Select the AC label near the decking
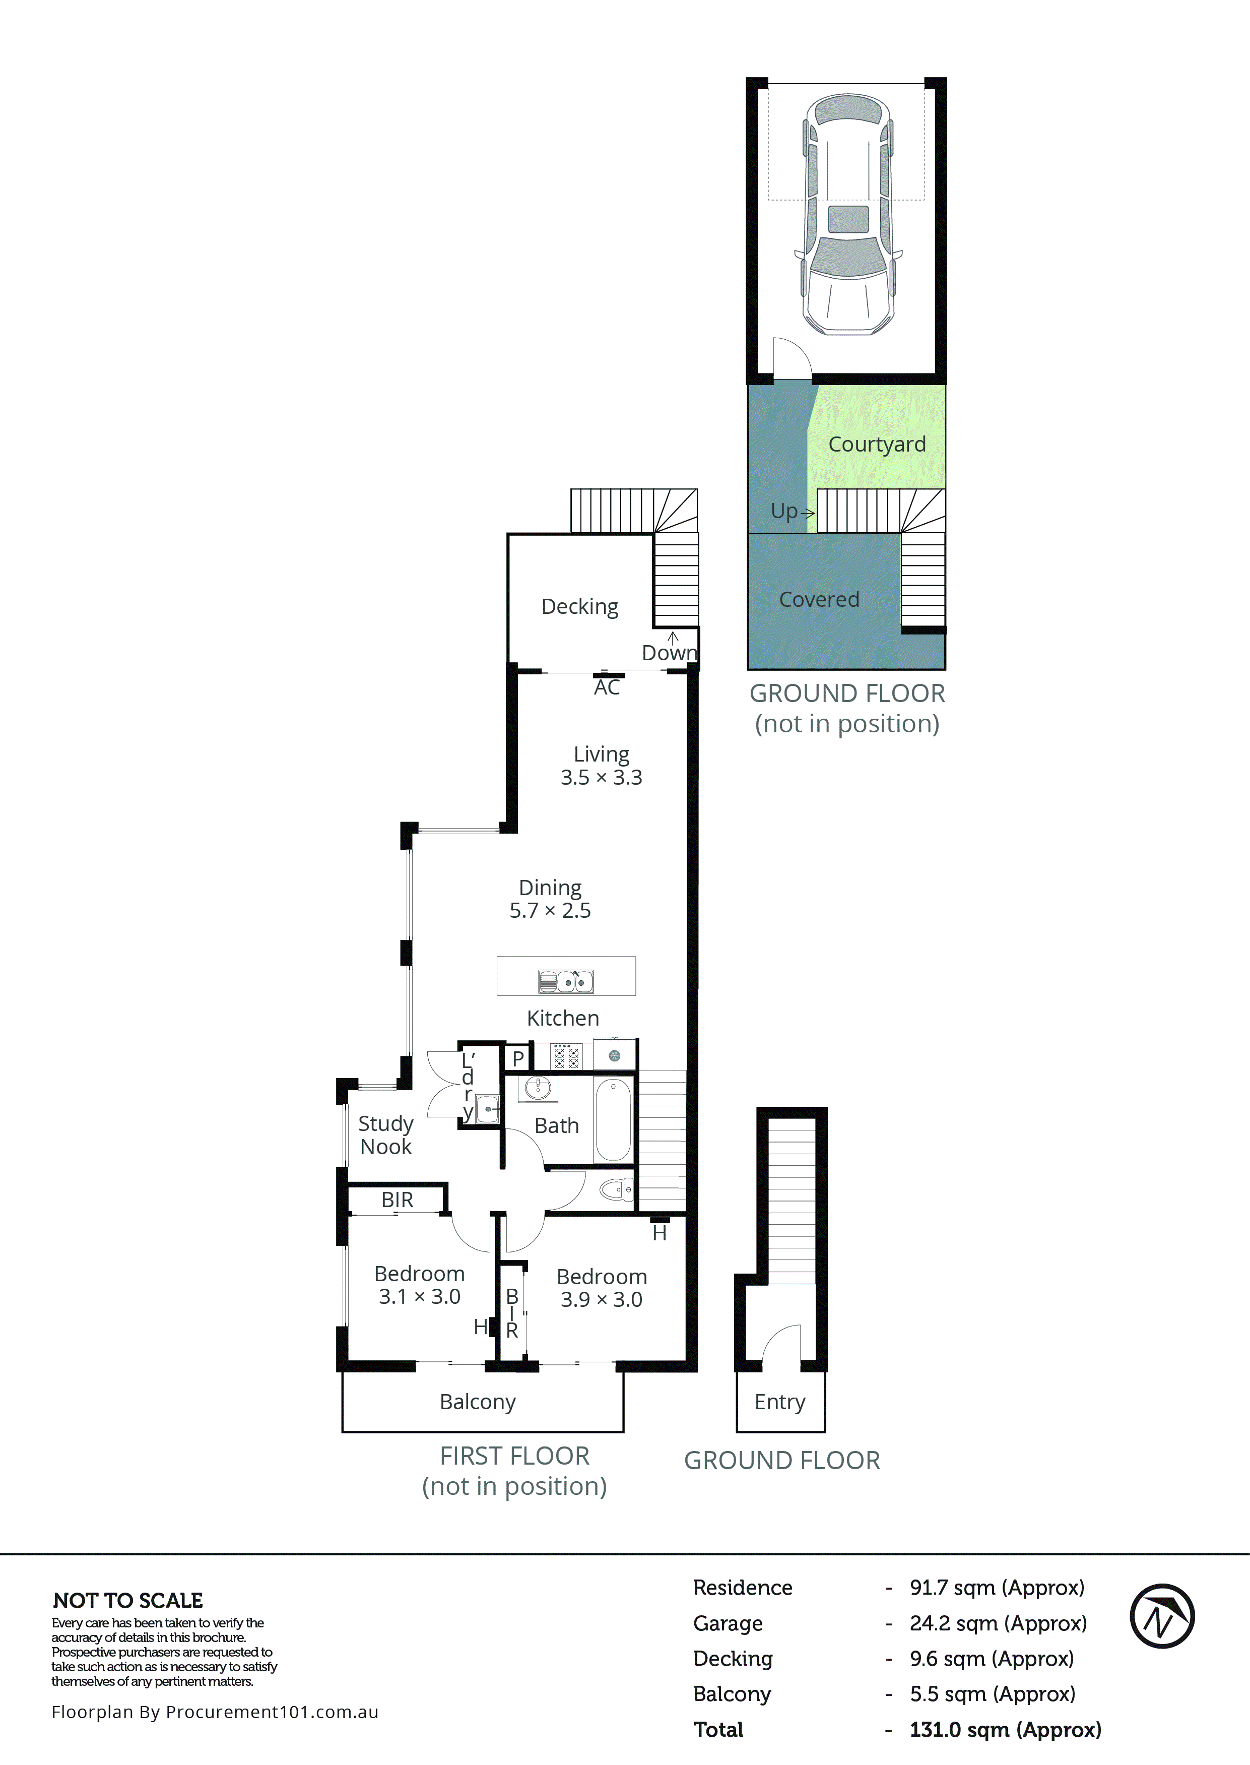(x=607, y=687)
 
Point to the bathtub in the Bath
(x=613, y=1119)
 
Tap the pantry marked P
(x=518, y=1058)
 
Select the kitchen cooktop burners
(x=566, y=1056)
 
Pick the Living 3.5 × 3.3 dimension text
(x=601, y=778)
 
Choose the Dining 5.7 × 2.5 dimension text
(x=550, y=911)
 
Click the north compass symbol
(x=1161, y=1616)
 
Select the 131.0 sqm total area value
(x=1005, y=1730)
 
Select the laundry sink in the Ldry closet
(x=487, y=1109)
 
